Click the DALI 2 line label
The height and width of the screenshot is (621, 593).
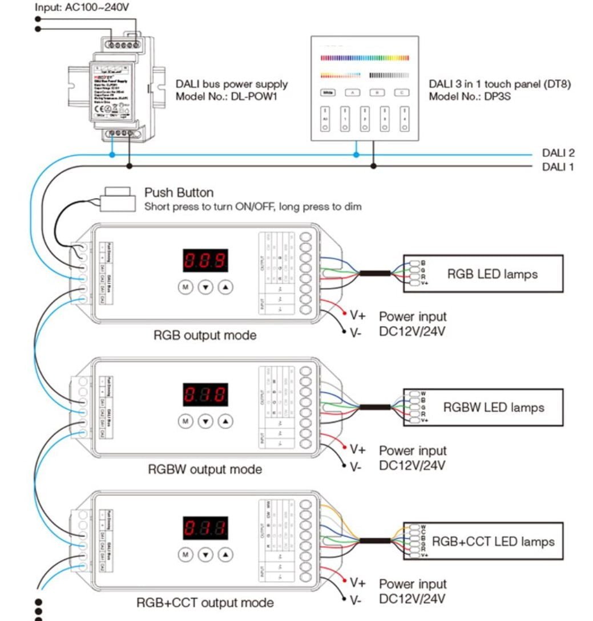[x=558, y=153]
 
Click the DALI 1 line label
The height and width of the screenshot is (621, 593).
[x=558, y=167]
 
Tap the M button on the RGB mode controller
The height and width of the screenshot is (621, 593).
[x=185, y=287]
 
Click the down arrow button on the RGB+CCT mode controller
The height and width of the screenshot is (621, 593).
[x=205, y=554]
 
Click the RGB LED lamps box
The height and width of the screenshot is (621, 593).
[x=483, y=274]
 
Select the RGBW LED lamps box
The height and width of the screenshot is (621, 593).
[x=483, y=407]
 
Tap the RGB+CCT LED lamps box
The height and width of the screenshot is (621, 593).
[x=483, y=541]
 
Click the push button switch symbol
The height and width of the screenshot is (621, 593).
[x=117, y=198]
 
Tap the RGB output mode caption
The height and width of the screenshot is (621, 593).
[x=205, y=335]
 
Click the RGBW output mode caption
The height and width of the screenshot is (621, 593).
[x=205, y=469]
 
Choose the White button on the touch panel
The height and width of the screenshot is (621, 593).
[x=328, y=92]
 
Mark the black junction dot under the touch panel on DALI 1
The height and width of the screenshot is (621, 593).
[x=374, y=166]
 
